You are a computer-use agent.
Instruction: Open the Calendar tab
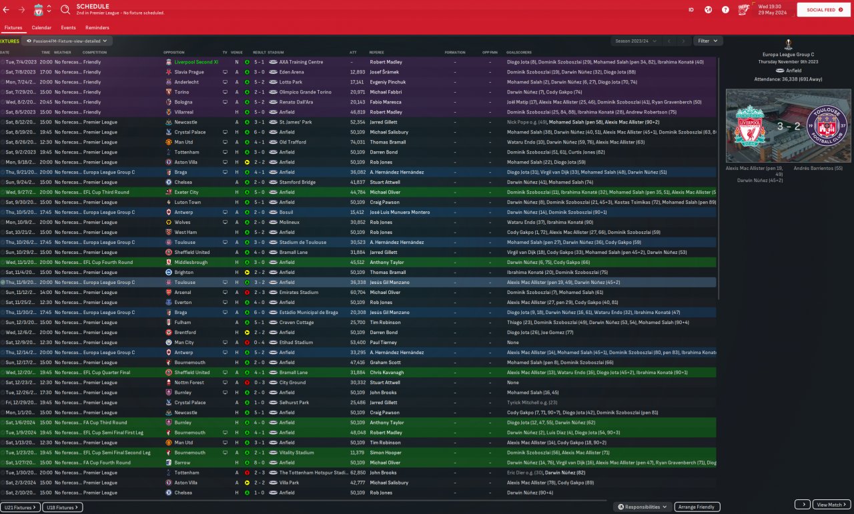click(41, 28)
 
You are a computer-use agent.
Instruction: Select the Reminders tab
click(97, 28)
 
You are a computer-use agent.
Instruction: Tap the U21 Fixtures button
click(20, 507)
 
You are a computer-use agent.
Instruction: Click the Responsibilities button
click(643, 507)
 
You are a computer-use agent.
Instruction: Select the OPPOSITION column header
click(174, 52)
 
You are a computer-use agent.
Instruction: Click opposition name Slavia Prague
click(189, 72)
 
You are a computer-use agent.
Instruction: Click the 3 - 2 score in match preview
click(788, 127)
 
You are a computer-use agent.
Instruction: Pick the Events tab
click(68, 28)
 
